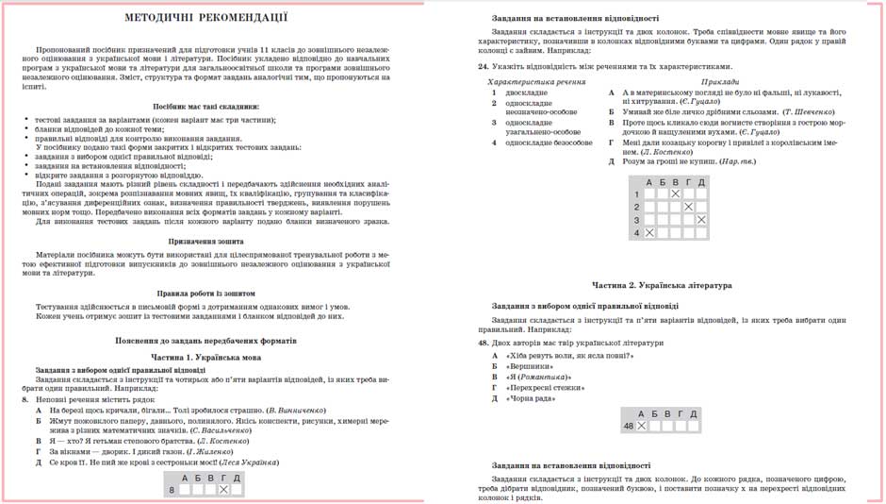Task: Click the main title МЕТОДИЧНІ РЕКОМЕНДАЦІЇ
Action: (206, 19)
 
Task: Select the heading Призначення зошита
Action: (206, 242)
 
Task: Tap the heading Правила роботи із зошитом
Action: (206, 294)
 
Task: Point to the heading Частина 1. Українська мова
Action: (206, 358)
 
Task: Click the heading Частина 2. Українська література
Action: (662, 285)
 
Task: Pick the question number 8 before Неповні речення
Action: (25, 399)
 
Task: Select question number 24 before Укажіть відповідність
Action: (483, 67)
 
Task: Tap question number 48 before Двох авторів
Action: (483, 343)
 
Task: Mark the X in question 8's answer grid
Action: (223, 490)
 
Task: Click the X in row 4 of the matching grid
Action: (649, 232)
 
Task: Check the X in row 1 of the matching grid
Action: (675, 194)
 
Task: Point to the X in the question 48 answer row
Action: (642, 427)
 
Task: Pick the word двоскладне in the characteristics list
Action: (526, 93)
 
